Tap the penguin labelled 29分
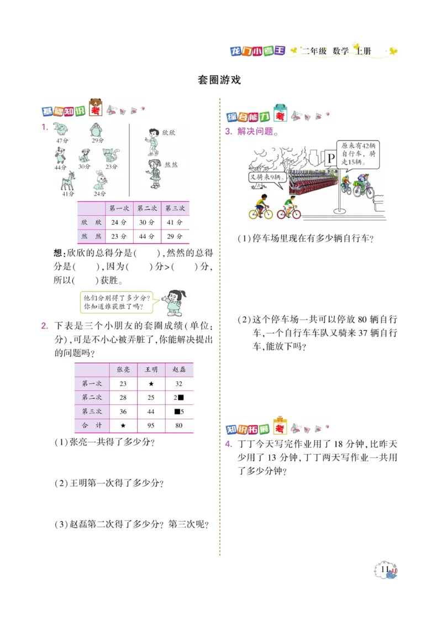click(97, 131)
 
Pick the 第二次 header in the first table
click(147, 209)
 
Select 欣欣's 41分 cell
click(175, 222)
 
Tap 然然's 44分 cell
click(147, 236)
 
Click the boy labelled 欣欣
click(152, 141)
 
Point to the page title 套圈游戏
click(219, 80)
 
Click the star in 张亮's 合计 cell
click(123, 425)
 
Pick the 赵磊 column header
click(179, 369)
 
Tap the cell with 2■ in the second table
click(179, 398)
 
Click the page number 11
click(386, 569)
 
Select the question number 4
click(228, 445)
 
